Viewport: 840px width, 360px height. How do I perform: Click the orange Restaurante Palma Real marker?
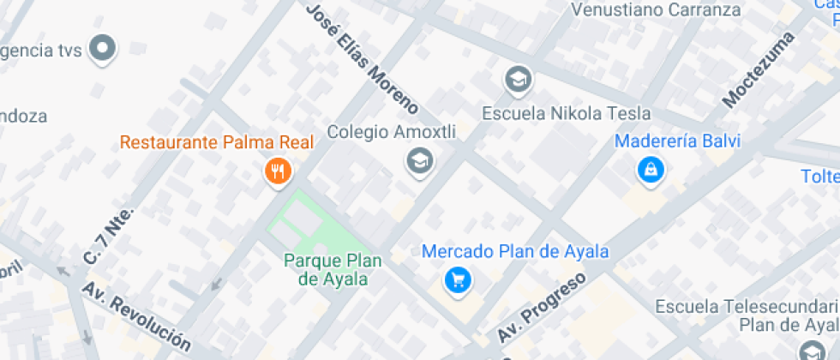pos(277,172)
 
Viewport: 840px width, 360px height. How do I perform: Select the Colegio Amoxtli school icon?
pos(419,159)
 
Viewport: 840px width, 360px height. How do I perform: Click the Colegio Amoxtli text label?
pos(392,133)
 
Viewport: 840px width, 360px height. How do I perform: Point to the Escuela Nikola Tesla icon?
pos(518,81)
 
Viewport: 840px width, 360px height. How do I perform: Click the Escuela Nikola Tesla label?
pos(566,113)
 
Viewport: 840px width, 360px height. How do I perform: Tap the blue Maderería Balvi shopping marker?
pos(651,170)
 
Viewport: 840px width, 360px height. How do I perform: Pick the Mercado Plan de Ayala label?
pos(515,252)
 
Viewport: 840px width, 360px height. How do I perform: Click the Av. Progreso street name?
pos(542,305)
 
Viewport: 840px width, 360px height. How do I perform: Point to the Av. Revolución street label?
pos(137,315)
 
